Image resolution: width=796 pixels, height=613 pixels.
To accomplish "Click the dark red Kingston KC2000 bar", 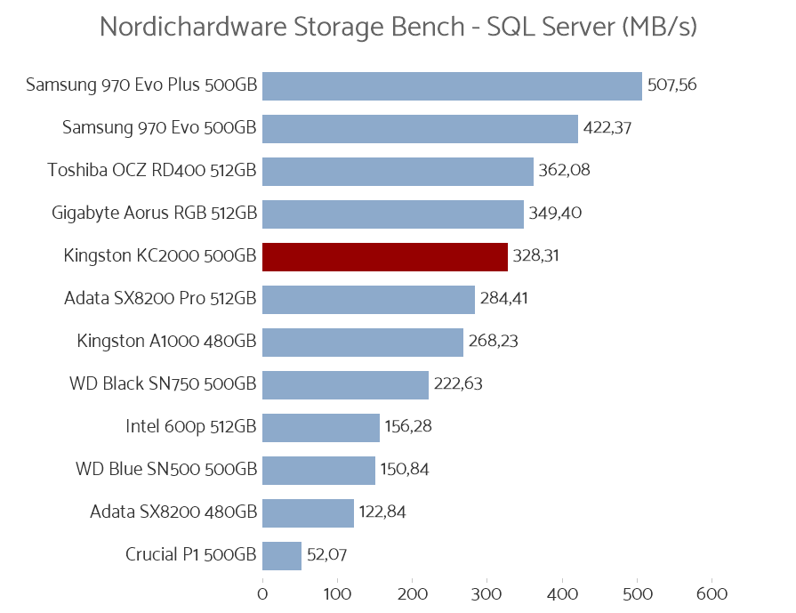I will tap(384, 256).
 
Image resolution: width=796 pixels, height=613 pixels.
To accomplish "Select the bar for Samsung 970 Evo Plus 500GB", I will tap(452, 85).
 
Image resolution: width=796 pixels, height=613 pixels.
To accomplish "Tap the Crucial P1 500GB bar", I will tap(282, 555).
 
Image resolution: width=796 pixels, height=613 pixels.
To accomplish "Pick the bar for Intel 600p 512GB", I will tap(321, 427).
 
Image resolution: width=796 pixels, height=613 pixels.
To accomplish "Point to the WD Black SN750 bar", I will tap(345, 384).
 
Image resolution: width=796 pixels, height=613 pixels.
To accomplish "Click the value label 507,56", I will tap(671, 85).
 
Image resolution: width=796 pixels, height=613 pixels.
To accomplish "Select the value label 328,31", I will tap(537, 256).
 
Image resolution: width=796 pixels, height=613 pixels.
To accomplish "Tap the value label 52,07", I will tap(326, 555).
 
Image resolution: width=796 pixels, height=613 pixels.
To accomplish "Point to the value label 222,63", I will tap(458, 384).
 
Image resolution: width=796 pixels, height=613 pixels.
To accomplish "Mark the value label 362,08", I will tap(564, 171).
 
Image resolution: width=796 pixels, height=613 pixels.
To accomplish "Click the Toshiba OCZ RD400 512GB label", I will tap(152, 171).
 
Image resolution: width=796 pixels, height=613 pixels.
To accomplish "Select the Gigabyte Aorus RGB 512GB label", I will tap(154, 214).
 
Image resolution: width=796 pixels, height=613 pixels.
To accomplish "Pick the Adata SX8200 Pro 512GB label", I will tap(160, 299).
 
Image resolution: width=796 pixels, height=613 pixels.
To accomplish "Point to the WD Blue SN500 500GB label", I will tap(166, 470).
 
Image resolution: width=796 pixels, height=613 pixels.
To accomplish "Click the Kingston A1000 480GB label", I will tap(166, 342).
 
